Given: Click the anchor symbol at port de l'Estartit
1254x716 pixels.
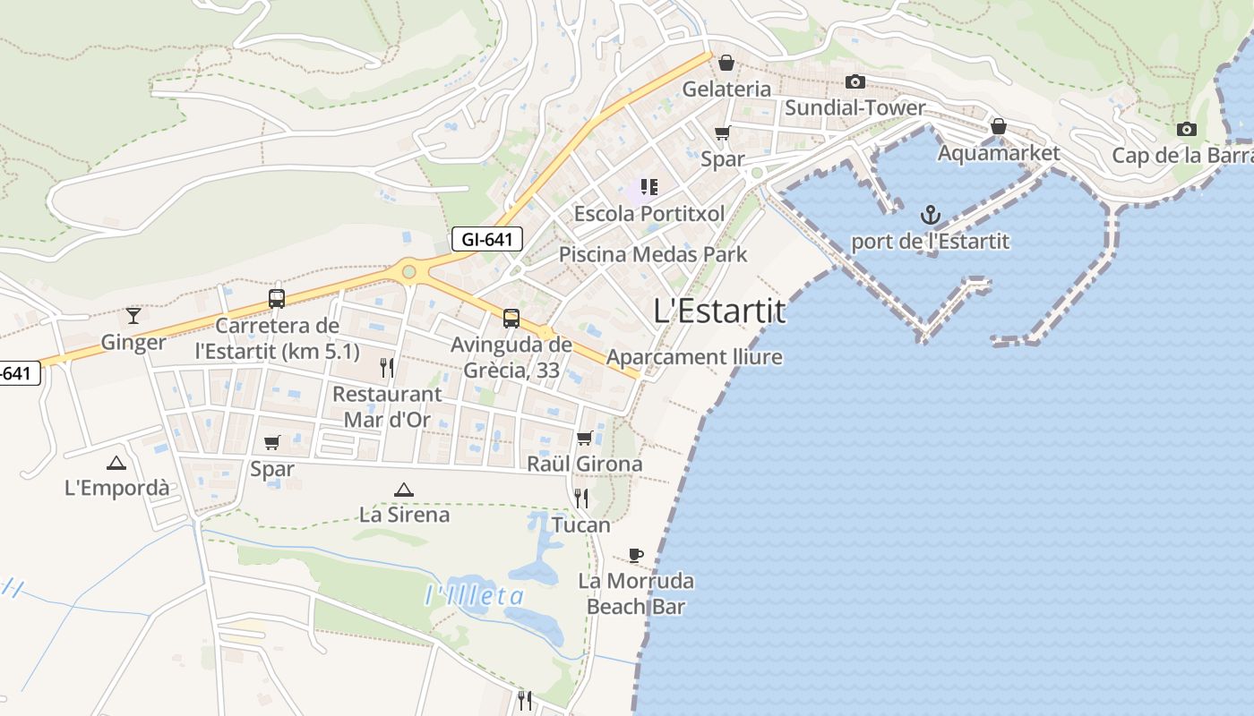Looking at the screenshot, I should coord(931,215).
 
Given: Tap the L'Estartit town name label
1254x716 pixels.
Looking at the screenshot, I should coord(719,311).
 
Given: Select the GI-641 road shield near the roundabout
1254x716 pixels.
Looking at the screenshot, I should coord(486,239).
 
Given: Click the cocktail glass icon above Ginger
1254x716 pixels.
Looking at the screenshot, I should coord(133,315).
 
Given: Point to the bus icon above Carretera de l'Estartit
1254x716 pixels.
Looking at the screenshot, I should coord(277,299).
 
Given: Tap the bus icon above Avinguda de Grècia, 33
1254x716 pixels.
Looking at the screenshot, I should coord(511,318).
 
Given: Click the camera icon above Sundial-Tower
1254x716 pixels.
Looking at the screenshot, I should coord(855,82).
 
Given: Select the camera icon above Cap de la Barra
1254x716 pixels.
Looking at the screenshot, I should coord(1187,129).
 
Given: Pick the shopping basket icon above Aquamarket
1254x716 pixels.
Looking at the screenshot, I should coord(999,127).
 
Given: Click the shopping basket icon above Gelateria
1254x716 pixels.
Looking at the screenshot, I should coord(726,63).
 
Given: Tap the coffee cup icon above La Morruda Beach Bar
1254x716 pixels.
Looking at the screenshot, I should coord(636,555).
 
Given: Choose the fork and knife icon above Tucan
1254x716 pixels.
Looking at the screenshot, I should coord(581,499).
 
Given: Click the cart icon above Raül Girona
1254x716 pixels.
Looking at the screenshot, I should coord(585,438).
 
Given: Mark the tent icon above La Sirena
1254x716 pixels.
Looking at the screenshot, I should coord(404,490).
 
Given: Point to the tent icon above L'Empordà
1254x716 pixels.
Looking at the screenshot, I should coord(116,463).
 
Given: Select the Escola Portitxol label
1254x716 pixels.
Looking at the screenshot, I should coord(649,214).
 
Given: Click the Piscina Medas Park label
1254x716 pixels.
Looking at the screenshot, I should coord(653,254).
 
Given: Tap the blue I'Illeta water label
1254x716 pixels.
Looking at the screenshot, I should coord(474,595).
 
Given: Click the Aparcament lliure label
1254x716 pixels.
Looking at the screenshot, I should coord(694,357).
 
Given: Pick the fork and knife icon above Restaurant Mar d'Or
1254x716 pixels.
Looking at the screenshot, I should coord(387,367).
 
